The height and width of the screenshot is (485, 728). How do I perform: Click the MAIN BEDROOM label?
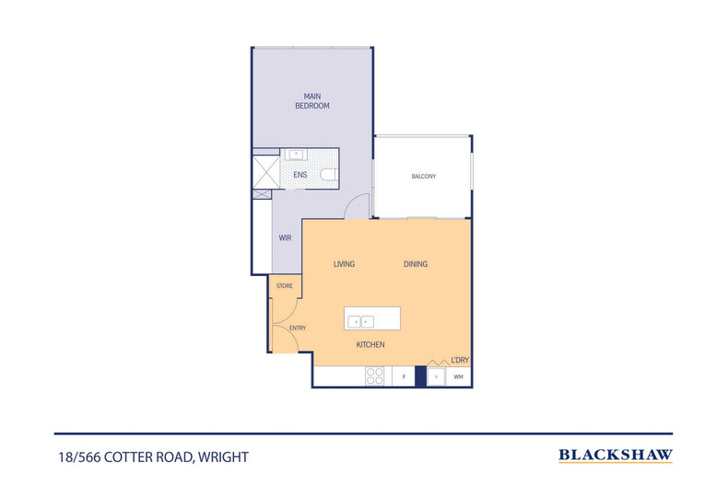pos(311,100)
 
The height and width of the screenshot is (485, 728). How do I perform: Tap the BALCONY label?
pos(423,176)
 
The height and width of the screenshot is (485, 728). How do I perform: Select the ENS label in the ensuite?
pos(299,174)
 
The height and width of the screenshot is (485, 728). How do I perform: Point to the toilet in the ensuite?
pos(328,174)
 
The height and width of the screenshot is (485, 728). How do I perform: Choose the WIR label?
pos(286,237)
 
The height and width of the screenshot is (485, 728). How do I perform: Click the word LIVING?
pos(344,264)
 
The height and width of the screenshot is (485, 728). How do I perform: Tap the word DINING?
pos(415,264)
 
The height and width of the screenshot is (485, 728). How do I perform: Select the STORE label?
pos(284,286)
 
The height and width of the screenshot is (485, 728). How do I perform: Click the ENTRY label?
pos(298,328)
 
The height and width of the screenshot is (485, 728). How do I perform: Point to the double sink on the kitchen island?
pos(360,321)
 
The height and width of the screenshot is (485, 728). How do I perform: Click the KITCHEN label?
pos(370,344)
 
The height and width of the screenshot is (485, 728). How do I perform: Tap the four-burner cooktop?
pos(376,376)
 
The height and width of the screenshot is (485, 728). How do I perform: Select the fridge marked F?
pos(404,376)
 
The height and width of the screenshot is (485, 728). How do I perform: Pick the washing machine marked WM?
pos(458,376)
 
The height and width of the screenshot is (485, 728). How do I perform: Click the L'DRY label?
pos(459,359)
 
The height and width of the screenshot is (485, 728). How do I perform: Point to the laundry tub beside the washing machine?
pos(436,376)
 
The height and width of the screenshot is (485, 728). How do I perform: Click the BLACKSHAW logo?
pos(616,455)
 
